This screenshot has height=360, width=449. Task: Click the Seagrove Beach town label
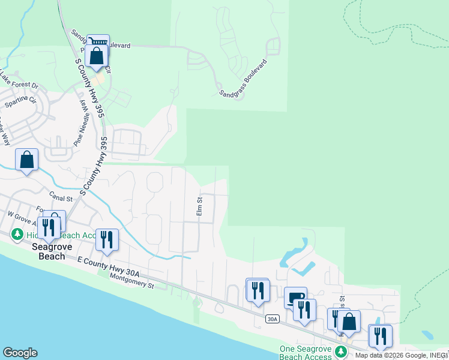pos(47,251)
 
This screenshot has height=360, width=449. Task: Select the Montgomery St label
pos(132,280)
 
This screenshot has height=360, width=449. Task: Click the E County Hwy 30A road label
pos(109,266)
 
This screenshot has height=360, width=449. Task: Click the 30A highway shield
pos(273,319)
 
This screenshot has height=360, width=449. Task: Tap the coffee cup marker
pos(295,297)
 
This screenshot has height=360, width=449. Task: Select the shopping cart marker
pos(98,42)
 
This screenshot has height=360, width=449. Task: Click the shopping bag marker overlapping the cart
pos(96,57)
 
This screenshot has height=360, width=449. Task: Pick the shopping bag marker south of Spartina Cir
pos(26,160)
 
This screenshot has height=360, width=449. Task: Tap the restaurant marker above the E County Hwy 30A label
pos(107,239)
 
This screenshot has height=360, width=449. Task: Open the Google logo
pos(20,353)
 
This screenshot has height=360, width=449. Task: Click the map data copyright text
pos(401,355)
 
